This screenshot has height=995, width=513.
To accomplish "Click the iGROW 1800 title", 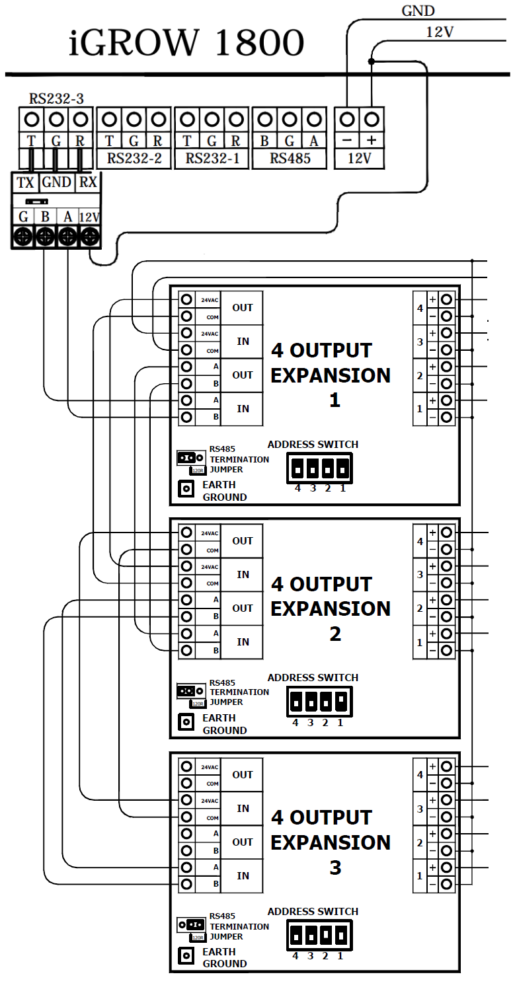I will [x=186, y=44].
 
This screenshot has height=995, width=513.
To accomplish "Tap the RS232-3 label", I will [x=56, y=99].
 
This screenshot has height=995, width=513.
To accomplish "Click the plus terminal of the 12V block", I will [x=372, y=120].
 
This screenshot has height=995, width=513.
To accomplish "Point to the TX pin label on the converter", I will [x=25, y=183].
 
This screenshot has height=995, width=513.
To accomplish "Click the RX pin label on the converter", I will [x=89, y=183].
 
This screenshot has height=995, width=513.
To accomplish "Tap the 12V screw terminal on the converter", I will [x=89, y=237].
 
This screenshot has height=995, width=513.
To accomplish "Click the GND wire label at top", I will [x=418, y=11].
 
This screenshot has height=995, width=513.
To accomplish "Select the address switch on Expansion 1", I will [x=320, y=468].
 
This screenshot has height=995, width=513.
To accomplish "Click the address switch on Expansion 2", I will [x=320, y=702].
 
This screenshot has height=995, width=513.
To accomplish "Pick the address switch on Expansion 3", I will [x=320, y=936].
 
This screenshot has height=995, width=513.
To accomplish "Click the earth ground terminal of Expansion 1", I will [x=186, y=489].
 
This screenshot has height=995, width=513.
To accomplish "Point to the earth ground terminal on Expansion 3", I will [x=186, y=955].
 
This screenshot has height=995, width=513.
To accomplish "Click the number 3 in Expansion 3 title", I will [x=335, y=867].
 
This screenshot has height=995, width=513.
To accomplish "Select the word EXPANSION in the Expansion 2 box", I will [x=331, y=608].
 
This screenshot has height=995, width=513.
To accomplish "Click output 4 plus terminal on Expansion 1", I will [x=448, y=299].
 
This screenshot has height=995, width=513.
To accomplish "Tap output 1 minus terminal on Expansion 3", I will [x=448, y=884].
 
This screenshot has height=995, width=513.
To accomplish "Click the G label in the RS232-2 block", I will [x=134, y=141].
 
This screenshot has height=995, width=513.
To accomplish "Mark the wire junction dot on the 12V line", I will [x=372, y=61].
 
